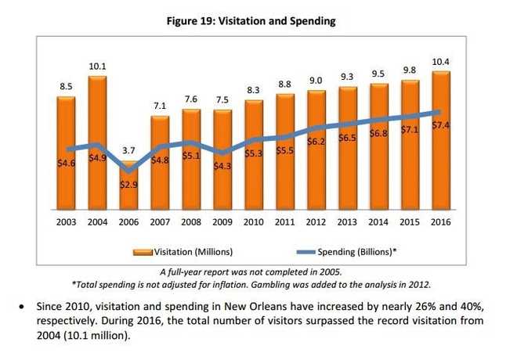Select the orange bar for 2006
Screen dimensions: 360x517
128,188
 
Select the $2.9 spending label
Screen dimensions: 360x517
128,184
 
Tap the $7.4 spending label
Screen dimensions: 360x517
440,125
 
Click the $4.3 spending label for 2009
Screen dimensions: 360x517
223,166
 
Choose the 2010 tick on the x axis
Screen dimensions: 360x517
254,223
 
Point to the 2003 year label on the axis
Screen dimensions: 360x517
66,223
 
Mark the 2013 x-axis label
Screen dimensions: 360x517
348,223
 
